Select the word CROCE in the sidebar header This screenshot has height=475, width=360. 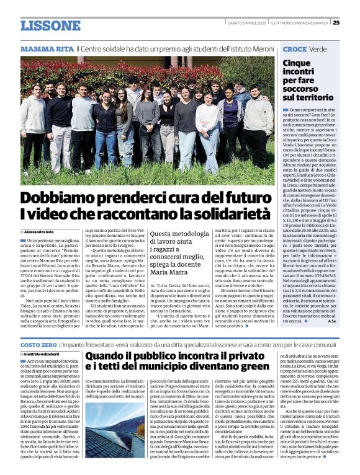point(295,48)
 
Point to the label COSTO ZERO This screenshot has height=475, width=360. point(38,344)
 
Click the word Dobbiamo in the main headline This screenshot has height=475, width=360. point(65,198)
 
